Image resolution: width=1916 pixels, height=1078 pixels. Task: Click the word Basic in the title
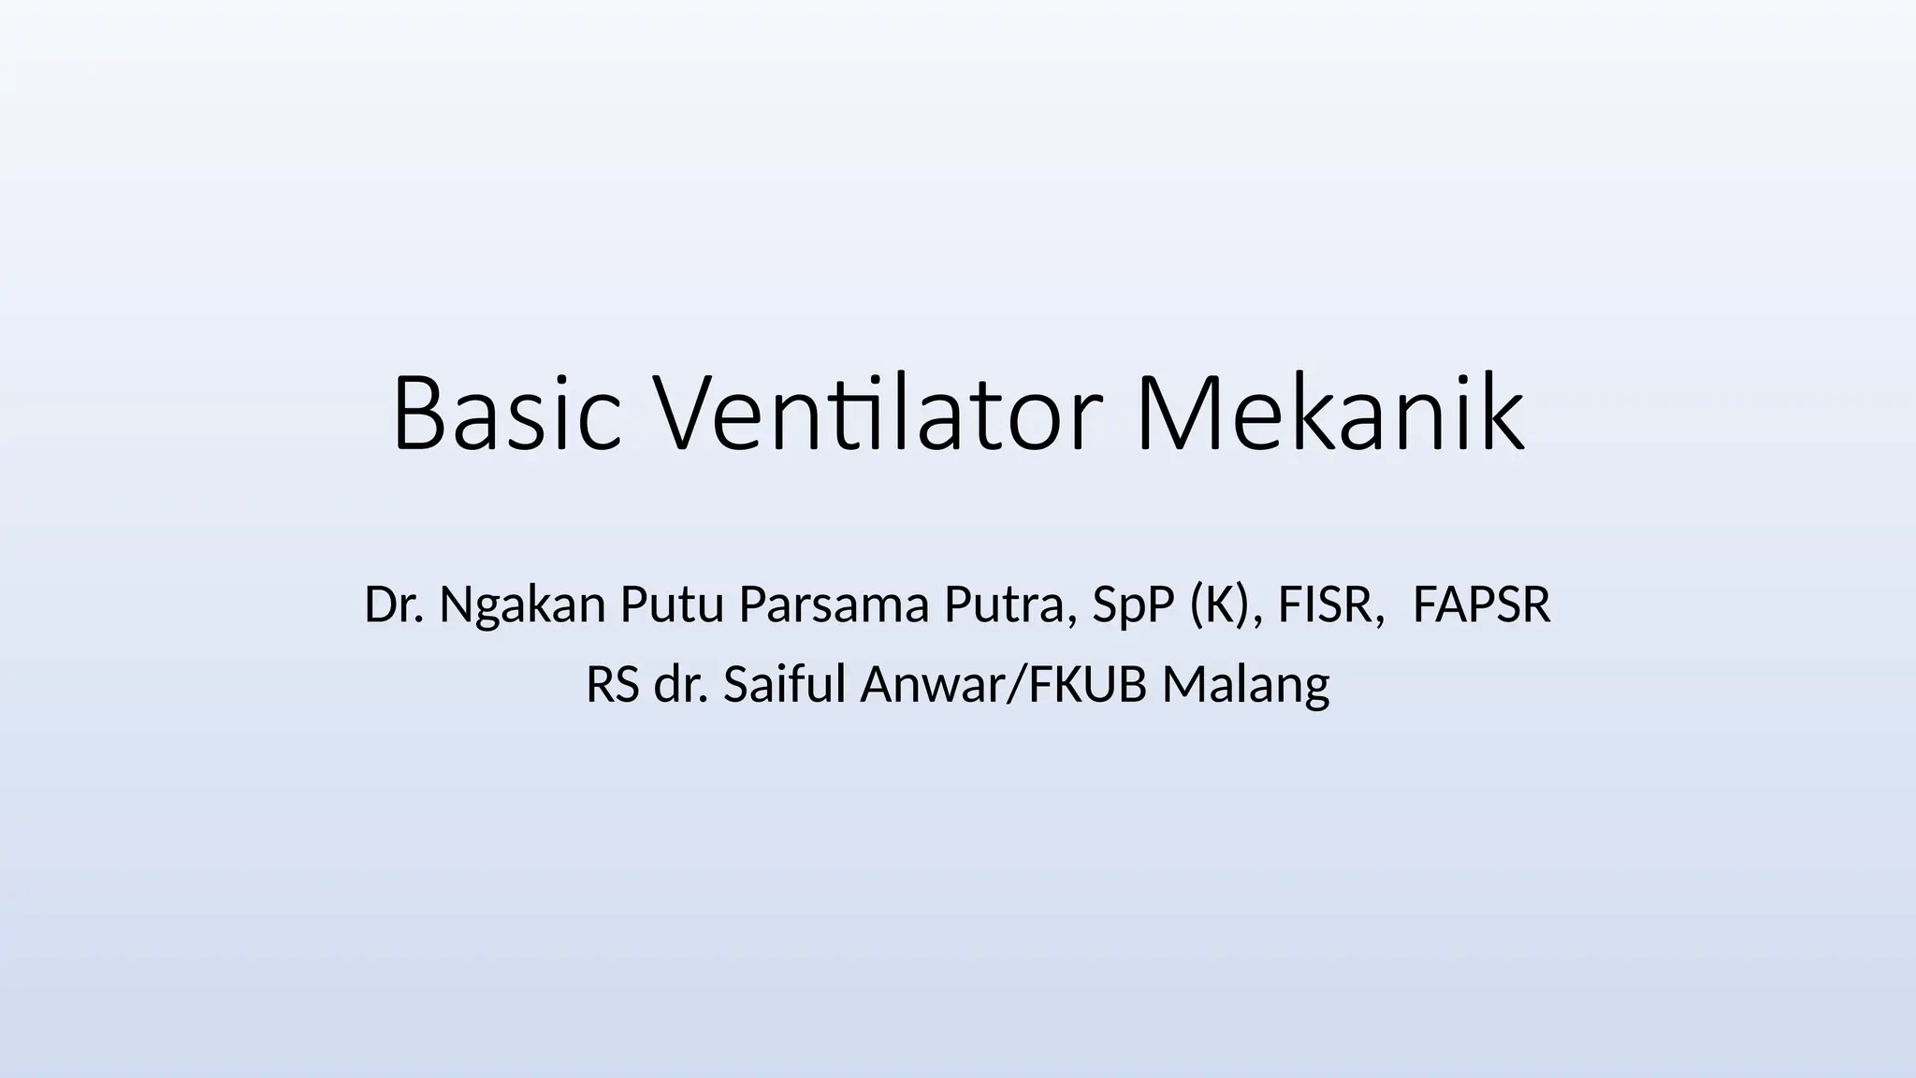[506, 414]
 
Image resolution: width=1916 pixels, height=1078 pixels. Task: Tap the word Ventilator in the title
[876, 414]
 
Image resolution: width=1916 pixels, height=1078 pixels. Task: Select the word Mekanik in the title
[1329, 414]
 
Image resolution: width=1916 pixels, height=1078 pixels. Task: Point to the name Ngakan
[523, 606]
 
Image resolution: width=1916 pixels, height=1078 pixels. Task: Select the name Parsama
[834, 605]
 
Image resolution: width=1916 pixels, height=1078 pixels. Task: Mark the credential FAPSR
[1481, 605]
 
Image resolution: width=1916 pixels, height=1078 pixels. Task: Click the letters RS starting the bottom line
[613, 685]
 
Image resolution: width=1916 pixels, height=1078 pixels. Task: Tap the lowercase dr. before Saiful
[681, 685]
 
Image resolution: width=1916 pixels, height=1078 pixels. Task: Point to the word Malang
[1245, 687]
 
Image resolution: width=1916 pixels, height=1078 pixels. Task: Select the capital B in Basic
[418, 414]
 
